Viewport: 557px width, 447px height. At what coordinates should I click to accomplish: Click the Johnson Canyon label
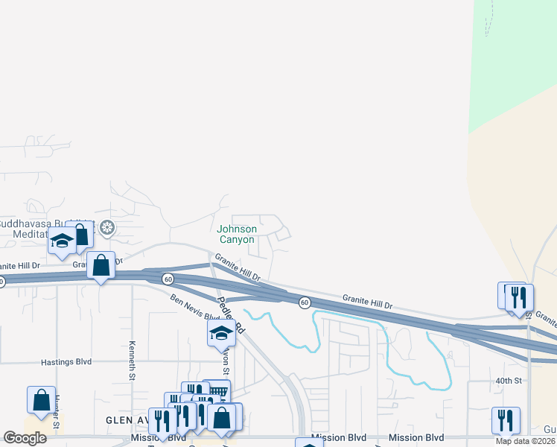pyautogui.click(x=237, y=235)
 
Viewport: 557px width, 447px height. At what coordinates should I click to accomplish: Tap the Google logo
pyautogui.click(x=25, y=438)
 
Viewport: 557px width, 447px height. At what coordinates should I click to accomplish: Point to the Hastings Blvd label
pyautogui.click(x=66, y=362)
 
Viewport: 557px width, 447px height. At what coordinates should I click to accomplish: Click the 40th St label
pyautogui.click(x=509, y=381)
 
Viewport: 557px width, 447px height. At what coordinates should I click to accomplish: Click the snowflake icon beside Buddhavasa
pyautogui.click(x=108, y=227)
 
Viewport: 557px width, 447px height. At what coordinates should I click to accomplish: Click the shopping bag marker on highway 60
pyautogui.click(x=101, y=265)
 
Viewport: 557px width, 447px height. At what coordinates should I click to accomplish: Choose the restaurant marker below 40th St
pyautogui.click(x=505, y=419)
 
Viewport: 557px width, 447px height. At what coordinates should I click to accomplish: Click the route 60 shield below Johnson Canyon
pyautogui.click(x=169, y=279)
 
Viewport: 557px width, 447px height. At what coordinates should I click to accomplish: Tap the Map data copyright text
pyautogui.click(x=526, y=441)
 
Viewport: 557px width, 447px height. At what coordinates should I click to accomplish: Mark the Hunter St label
pyautogui.click(x=56, y=413)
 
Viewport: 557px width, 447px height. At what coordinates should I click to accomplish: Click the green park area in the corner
pyautogui.click(x=514, y=67)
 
